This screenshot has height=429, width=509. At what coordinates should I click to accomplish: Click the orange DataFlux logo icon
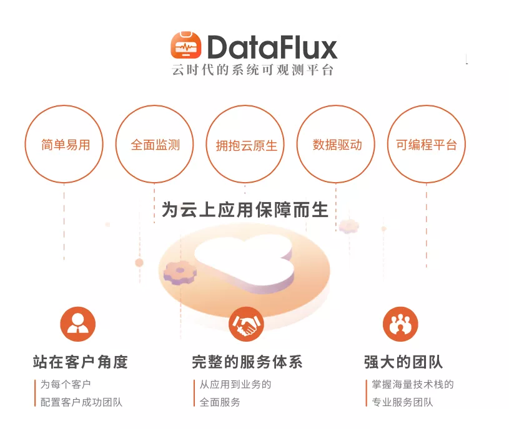185,46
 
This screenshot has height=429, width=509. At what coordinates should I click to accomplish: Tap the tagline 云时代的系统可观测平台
254,70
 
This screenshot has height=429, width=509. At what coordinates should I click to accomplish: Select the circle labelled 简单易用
65,145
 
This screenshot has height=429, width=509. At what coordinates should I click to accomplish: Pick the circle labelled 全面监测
155,145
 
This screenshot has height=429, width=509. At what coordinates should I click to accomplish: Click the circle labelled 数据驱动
337,145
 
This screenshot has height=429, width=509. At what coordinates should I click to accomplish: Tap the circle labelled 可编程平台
427,145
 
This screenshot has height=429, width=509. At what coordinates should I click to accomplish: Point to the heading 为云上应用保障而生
245,210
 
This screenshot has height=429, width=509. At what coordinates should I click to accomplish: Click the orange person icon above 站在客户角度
78,324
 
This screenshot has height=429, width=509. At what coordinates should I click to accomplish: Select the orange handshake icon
247,324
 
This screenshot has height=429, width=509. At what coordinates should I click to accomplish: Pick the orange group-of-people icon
400,324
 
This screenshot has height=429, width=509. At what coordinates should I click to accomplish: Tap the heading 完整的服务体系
247,362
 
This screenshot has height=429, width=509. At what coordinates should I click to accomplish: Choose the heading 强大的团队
403,362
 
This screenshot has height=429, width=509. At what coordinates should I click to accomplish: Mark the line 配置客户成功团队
81,402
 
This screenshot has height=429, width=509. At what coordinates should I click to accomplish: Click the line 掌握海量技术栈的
412,384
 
